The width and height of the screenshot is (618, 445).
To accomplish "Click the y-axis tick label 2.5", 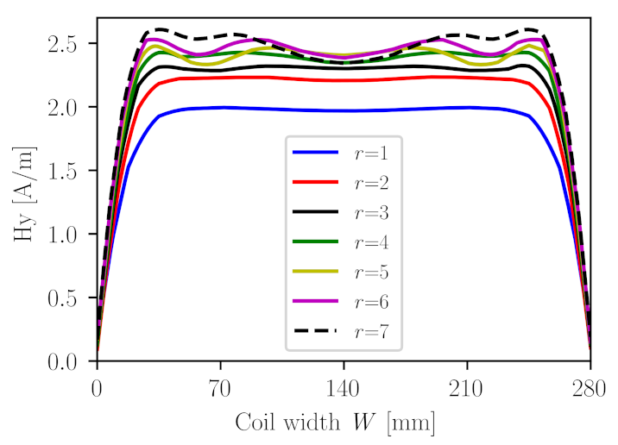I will tap(68, 43).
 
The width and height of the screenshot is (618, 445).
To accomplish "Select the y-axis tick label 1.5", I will tap(68, 170).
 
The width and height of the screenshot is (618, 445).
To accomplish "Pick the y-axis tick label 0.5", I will tap(68, 298).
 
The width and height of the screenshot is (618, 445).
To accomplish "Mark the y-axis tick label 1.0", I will tap(68, 234).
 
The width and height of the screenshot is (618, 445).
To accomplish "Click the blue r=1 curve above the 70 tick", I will tap(220, 108).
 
